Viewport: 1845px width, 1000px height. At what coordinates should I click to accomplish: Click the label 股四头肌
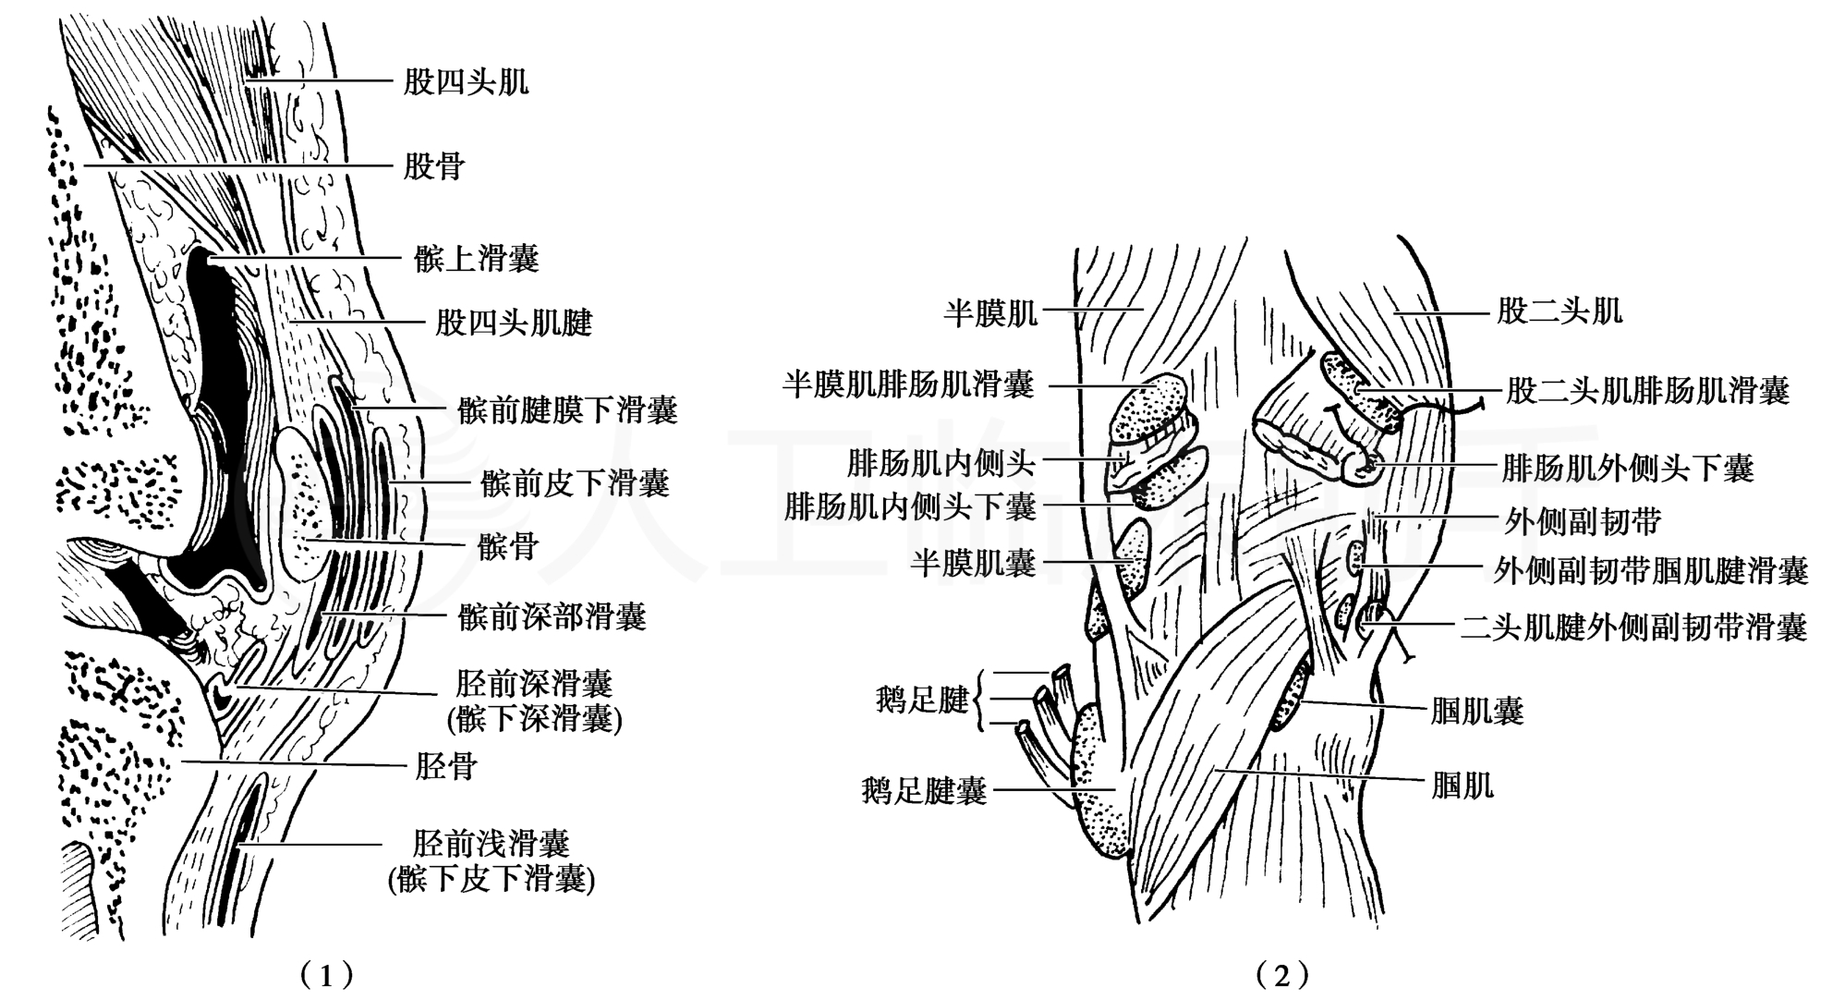(x=466, y=82)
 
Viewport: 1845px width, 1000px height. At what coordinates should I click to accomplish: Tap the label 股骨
(x=433, y=167)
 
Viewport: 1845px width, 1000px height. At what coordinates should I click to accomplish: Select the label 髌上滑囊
(x=476, y=259)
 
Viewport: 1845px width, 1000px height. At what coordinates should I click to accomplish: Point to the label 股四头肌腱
(x=514, y=323)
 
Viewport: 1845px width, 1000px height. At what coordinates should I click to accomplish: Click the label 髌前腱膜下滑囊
(x=567, y=410)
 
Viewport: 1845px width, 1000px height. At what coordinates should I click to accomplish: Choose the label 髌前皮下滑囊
(x=575, y=482)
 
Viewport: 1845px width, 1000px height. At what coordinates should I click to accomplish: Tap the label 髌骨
(x=507, y=546)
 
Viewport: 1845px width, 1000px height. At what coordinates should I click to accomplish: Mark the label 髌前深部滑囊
(x=552, y=616)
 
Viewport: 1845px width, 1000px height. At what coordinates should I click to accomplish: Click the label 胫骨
(x=445, y=766)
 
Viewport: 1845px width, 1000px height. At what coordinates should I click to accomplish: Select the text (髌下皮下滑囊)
(x=491, y=880)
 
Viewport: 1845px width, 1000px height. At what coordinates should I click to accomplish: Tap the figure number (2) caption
(x=1282, y=974)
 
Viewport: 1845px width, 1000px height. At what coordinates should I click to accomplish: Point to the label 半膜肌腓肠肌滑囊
(x=909, y=384)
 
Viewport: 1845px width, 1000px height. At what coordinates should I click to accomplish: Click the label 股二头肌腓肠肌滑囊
(x=1647, y=391)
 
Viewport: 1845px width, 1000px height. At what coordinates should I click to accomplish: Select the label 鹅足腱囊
(x=924, y=791)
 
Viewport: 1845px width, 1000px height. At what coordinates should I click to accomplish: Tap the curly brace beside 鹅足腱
(x=981, y=700)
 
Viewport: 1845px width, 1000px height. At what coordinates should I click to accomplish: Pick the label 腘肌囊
(x=1476, y=712)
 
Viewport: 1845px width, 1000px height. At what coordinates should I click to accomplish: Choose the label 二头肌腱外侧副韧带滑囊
(x=1633, y=629)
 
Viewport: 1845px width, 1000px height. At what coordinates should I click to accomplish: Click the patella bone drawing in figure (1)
(x=302, y=504)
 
